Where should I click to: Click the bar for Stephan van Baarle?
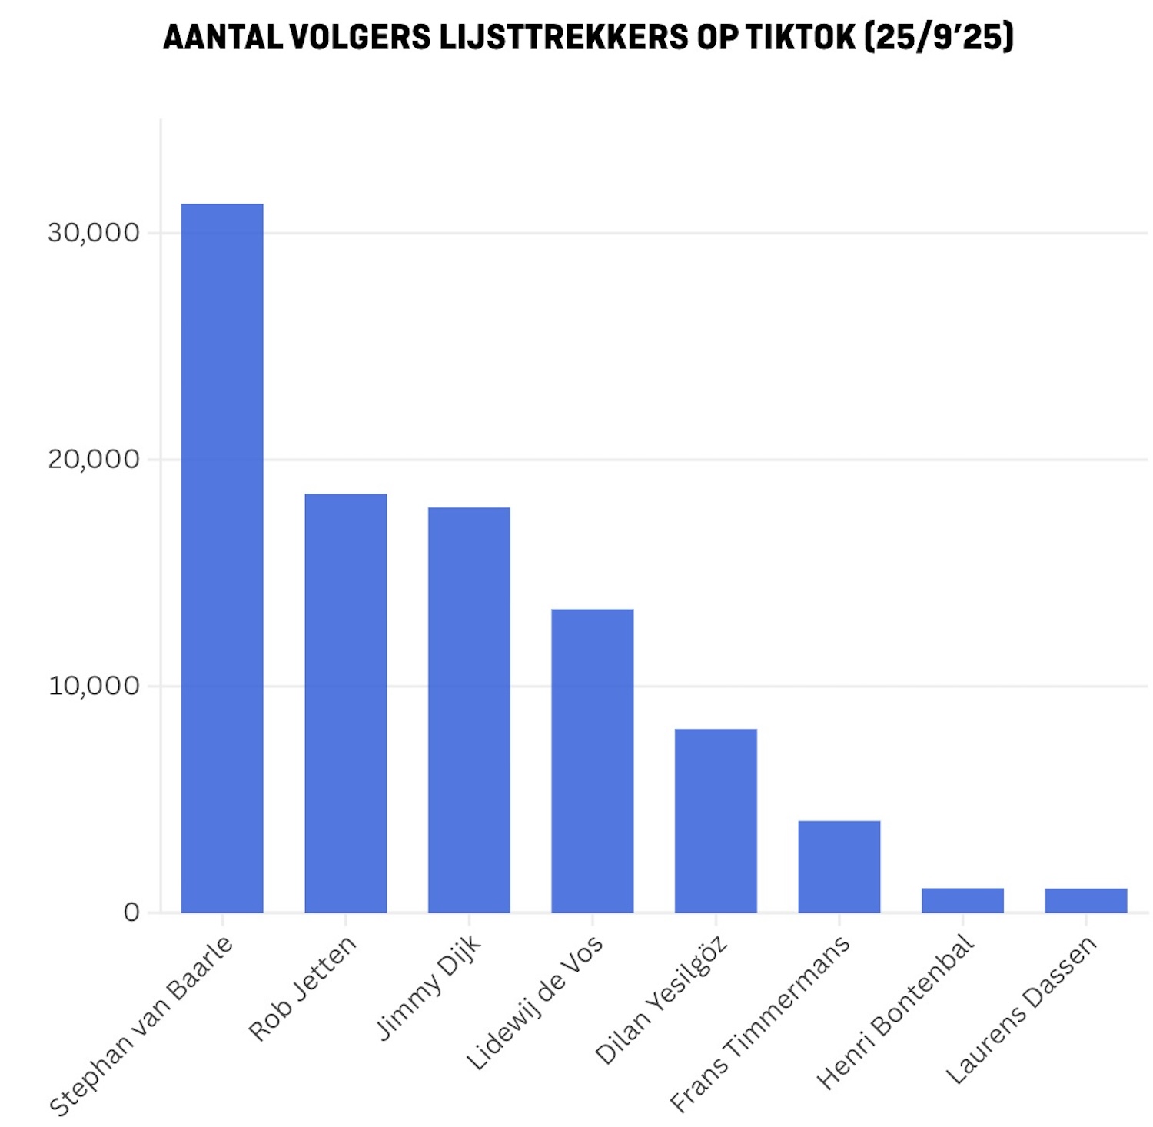pyautogui.click(x=222, y=558)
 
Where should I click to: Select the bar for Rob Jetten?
pyautogui.click(x=346, y=703)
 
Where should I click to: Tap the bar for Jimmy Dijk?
pyautogui.click(x=469, y=710)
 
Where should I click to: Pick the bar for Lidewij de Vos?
pyautogui.click(x=593, y=760)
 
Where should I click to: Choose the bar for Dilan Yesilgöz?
pyautogui.click(x=716, y=820)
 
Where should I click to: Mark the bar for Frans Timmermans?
pyautogui.click(x=839, y=866)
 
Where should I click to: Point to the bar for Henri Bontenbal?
pyautogui.click(x=962, y=900)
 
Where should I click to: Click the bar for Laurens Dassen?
pyautogui.click(x=1086, y=900)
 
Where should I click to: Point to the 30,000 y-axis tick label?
pyautogui.click(x=94, y=232)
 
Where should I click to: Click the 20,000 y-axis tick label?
pyautogui.click(x=94, y=459)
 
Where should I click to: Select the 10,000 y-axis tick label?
pyautogui.click(x=94, y=686)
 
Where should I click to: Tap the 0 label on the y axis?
pyautogui.click(x=131, y=913)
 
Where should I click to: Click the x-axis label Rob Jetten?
pyautogui.click(x=302, y=988)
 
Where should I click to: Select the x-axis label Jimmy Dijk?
pyautogui.click(x=428, y=987)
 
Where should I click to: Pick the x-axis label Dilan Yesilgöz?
pyautogui.click(x=660, y=1000)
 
